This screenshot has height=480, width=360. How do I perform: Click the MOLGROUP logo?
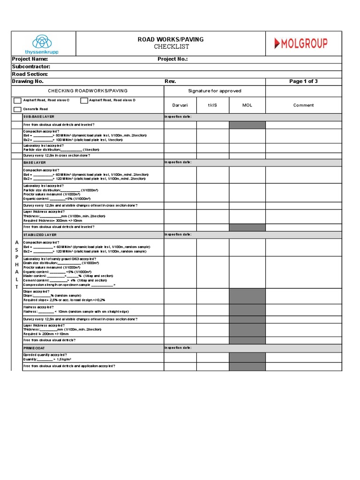click(300, 44)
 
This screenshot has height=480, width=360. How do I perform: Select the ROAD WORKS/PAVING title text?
click(171, 39)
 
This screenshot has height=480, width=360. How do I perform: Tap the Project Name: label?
click(30, 59)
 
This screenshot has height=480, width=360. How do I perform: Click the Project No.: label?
click(172, 59)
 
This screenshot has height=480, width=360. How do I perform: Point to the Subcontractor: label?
click(31, 67)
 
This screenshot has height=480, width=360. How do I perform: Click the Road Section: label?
click(30, 74)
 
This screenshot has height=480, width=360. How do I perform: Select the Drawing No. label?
click(28, 81)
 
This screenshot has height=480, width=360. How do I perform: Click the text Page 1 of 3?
click(303, 81)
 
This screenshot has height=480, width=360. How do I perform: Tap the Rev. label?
click(170, 81)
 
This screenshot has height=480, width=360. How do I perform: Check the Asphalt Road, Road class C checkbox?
click(17, 101)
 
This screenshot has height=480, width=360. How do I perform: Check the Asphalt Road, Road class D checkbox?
click(84, 100)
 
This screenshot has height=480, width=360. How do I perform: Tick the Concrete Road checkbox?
click(17, 109)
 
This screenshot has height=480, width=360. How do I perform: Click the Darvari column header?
click(180, 105)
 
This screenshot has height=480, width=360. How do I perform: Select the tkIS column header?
click(213, 105)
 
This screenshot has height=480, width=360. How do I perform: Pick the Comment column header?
click(303, 105)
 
